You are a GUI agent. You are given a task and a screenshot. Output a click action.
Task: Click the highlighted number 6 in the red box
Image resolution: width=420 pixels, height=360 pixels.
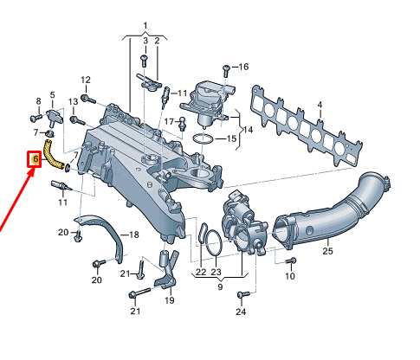35,158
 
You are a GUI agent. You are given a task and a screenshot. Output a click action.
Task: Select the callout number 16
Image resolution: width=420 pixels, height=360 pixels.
242,67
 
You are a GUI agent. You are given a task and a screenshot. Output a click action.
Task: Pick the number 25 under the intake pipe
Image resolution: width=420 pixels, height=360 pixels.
327,252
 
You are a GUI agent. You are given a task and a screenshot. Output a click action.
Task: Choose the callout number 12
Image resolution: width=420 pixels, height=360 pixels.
86,80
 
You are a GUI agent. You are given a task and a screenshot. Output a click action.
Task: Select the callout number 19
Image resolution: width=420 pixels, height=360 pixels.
170,300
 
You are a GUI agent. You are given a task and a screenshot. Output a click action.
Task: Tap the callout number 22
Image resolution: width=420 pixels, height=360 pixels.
200,272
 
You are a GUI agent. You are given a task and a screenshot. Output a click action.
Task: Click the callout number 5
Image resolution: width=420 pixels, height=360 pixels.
52,94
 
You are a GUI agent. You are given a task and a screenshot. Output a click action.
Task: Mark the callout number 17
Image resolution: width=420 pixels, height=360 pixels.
171,121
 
